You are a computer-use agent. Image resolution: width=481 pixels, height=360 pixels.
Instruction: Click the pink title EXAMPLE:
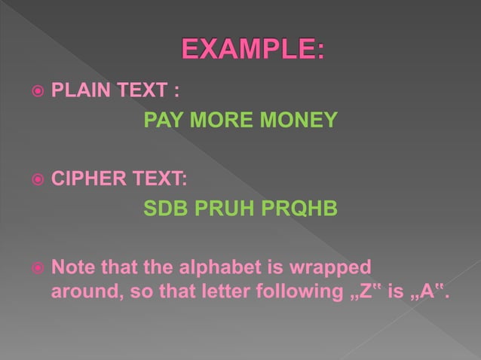coord(253,51)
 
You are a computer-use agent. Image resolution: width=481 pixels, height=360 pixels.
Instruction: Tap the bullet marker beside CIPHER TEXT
coord(35,181)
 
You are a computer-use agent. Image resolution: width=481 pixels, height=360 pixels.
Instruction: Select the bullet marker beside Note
coord(35,268)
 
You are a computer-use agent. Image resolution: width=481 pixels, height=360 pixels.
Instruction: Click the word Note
coord(72,268)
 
